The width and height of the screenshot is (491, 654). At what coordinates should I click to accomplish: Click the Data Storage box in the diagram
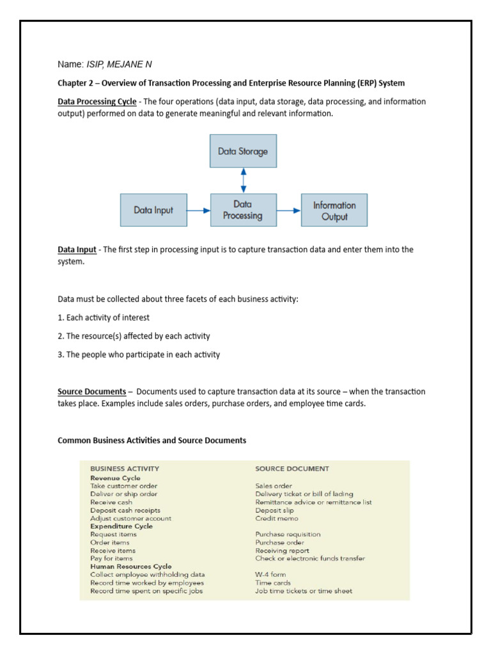point(243,151)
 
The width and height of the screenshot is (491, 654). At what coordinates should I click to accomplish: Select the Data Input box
point(153,210)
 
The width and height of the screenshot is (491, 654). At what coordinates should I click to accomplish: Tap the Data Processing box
point(243,210)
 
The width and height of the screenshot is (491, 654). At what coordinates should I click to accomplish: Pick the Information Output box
point(334,211)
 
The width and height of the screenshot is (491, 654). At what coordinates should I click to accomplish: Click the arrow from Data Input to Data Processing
point(199,210)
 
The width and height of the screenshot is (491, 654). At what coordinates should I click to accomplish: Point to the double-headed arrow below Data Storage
point(243,181)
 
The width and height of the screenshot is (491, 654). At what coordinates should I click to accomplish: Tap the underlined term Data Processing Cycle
point(97,102)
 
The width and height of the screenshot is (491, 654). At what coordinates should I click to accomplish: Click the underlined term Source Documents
point(91,392)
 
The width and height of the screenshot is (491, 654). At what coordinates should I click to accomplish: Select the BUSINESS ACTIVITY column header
point(125,469)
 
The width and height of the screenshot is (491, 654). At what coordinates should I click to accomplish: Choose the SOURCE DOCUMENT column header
point(292,469)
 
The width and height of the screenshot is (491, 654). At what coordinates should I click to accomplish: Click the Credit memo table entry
point(274,519)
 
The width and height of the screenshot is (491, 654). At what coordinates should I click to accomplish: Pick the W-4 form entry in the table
point(270,574)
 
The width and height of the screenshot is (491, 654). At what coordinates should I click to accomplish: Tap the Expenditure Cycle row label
point(121,526)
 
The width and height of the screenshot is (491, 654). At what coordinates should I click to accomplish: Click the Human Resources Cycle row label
point(131,566)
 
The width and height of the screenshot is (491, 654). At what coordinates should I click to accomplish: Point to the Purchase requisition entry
point(288,535)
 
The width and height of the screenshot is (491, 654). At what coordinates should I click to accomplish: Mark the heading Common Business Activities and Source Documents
point(152,441)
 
